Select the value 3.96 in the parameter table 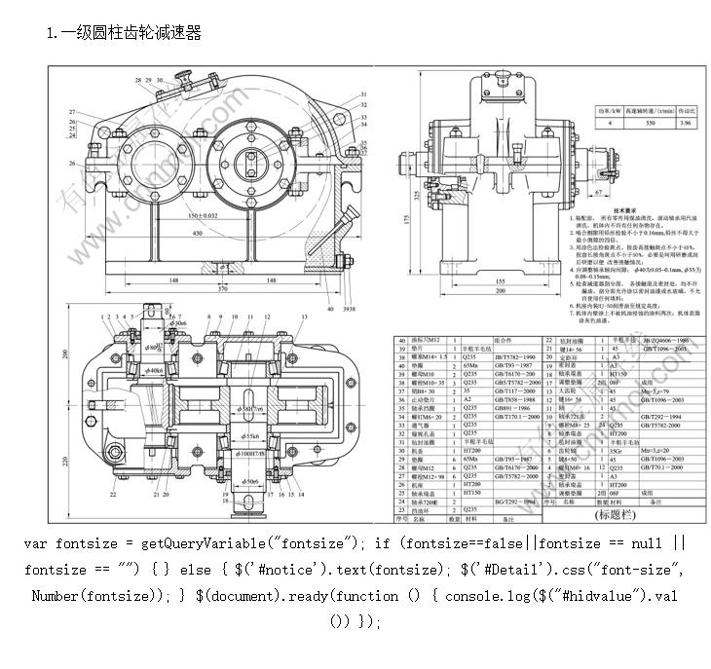tap(685, 125)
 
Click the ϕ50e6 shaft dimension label tap(249, 480)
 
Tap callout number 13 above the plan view tap(305, 317)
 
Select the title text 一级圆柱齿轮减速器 tap(131, 33)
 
